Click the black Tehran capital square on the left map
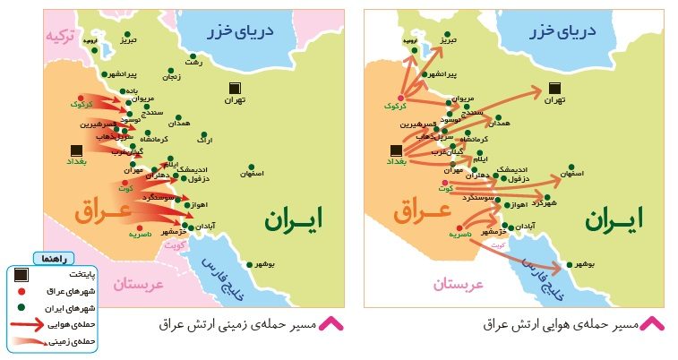(x=235, y=88)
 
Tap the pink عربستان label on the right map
(x=459, y=284)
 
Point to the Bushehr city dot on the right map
(x=570, y=264)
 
